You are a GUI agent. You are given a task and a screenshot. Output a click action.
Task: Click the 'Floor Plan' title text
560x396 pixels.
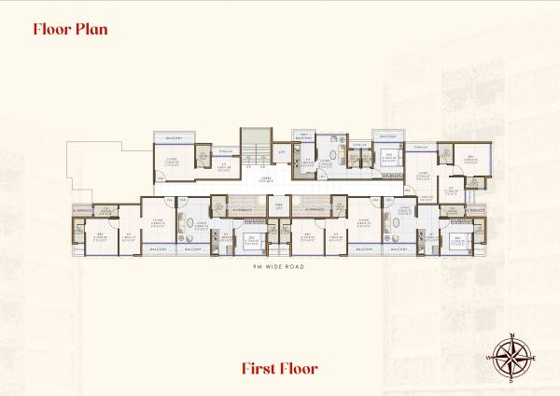click(70, 28)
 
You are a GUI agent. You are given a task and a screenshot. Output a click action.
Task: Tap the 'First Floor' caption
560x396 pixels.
click(280, 367)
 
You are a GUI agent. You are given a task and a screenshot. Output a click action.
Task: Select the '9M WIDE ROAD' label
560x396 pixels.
click(280, 267)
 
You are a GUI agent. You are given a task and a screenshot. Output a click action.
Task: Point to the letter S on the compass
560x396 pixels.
click(511, 381)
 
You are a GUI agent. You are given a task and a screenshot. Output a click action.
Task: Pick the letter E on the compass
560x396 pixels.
click(536, 357)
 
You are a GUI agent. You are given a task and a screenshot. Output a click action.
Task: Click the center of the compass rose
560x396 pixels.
click(511, 357)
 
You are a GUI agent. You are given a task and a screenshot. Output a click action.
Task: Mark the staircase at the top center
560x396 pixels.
click(253, 148)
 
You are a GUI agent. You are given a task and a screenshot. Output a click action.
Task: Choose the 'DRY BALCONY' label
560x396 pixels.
click(303, 136)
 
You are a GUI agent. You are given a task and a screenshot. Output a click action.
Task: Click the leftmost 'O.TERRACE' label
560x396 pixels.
click(83, 210)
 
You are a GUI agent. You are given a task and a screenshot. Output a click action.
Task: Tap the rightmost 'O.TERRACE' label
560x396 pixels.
click(476, 210)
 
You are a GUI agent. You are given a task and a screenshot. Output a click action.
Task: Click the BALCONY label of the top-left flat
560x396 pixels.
click(174, 137)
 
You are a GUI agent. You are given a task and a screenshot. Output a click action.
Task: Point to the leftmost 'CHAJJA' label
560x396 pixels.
click(225, 150)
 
